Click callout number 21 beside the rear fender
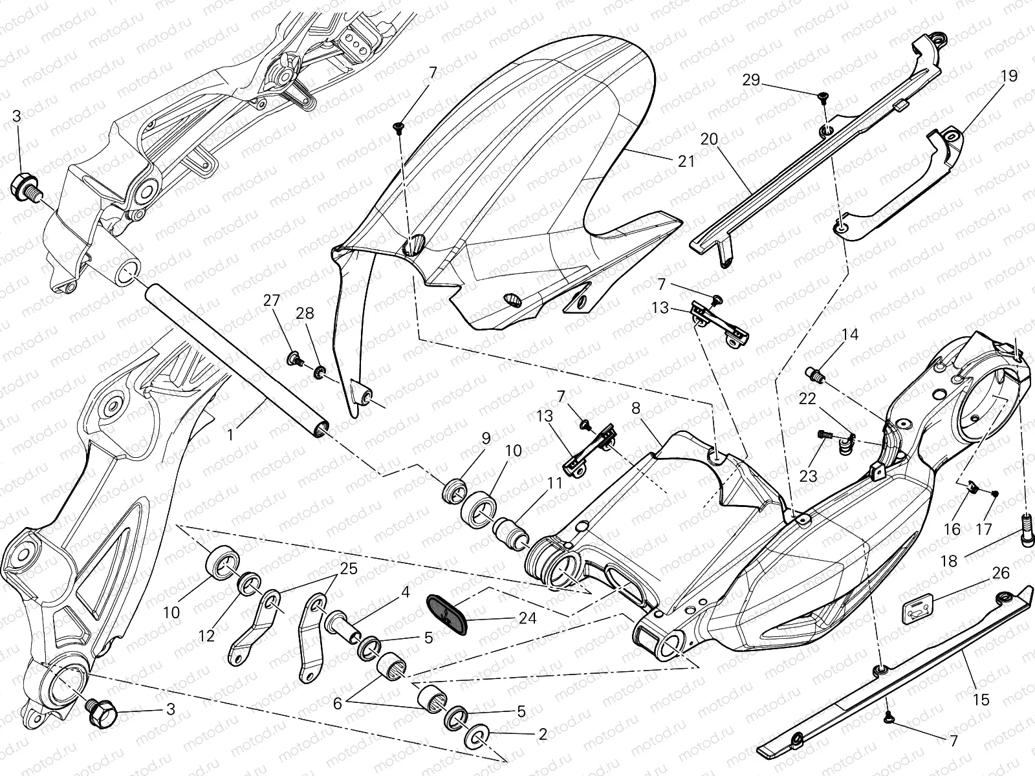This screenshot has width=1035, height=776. [686, 160]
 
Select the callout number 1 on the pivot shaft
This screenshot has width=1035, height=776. [230, 435]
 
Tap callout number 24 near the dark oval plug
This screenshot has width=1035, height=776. [527, 618]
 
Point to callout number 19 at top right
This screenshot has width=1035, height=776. [1009, 76]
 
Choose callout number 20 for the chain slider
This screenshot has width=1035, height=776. [709, 140]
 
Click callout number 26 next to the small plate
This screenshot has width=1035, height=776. [1000, 573]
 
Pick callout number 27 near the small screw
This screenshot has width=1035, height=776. [272, 300]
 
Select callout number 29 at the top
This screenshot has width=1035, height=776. [750, 80]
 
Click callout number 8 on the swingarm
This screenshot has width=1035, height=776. [635, 408]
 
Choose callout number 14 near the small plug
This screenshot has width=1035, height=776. [850, 334]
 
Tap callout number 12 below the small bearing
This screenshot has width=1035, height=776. [206, 636]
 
